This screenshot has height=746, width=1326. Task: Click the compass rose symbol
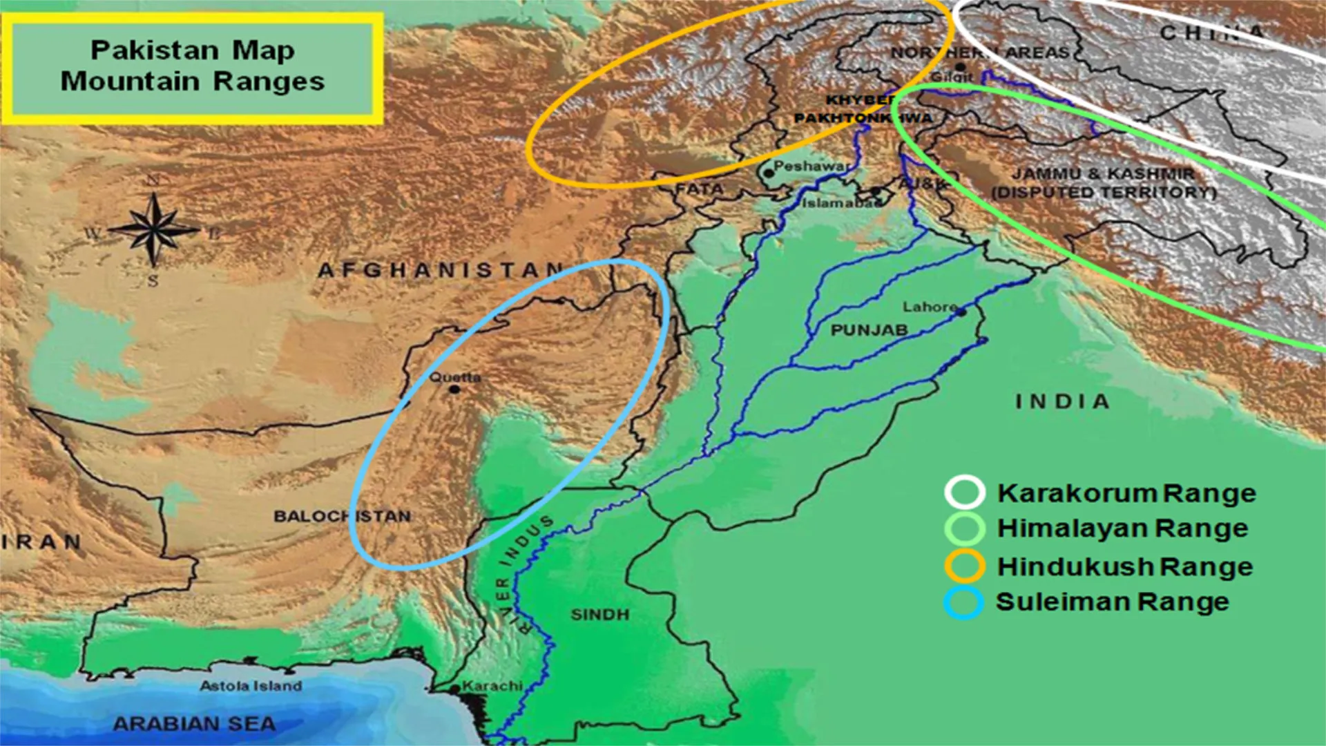(154, 229)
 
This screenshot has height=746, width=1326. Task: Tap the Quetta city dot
(454, 390)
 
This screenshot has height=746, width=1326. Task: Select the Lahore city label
(930, 306)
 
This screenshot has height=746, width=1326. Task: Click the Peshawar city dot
(769, 173)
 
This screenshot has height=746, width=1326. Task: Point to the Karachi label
(492, 686)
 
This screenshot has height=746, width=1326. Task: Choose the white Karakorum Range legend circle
(964, 492)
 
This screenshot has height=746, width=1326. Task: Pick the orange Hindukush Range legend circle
(964, 566)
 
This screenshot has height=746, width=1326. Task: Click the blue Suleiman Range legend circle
(963, 602)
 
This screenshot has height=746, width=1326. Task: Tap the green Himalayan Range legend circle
(964, 528)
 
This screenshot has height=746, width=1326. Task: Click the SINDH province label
(599, 614)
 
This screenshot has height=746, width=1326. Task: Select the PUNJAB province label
(869, 330)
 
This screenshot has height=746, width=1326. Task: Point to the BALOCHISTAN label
(342, 516)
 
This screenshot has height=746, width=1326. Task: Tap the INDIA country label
(1062, 401)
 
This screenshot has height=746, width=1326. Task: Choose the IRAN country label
(41, 542)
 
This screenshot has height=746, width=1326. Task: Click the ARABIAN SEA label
(194, 724)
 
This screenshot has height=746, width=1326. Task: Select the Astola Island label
(251, 686)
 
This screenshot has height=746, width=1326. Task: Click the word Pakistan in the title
(155, 50)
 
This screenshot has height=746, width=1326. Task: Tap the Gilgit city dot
(960, 67)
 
